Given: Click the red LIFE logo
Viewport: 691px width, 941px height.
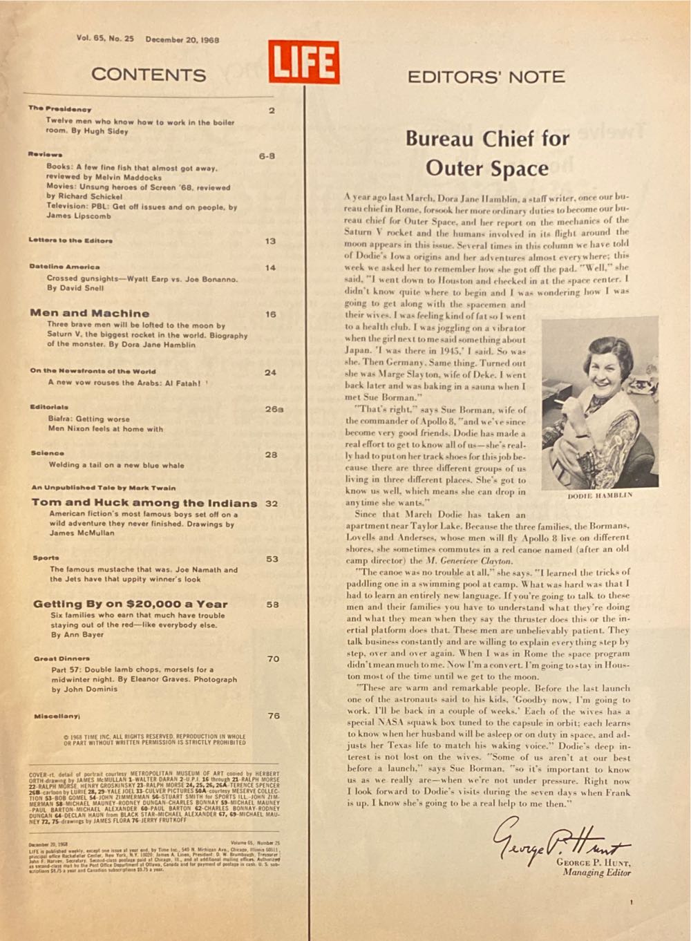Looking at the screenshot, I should click(x=304, y=61).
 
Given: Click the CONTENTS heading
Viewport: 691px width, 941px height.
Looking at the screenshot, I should click(x=149, y=75).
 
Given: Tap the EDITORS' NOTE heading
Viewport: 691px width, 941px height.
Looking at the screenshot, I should click(x=486, y=76).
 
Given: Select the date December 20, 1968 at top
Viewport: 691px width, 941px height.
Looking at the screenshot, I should click(x=182, y=39).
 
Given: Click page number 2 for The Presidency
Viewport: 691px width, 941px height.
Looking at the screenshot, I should click(x=272, y=110).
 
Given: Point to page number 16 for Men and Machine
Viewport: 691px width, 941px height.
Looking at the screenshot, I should click(x=270, y=314).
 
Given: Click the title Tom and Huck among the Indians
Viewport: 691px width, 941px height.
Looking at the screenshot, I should click(x=144, y=503).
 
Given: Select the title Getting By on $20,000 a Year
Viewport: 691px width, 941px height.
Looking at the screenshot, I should click(x=130, y=604).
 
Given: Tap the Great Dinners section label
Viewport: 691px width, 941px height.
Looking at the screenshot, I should click(x=61, y=658).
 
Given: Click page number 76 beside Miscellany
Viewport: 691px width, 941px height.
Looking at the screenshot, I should click(x=274, y=716).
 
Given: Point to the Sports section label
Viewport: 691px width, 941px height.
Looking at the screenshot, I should click(x=46, y=558).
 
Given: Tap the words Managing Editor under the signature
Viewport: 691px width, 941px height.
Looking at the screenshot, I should click(x=596, y=873).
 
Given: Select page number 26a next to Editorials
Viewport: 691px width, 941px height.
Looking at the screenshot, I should click(x=274, y=408).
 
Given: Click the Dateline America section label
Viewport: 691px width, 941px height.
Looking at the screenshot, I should click(x=64, y=266).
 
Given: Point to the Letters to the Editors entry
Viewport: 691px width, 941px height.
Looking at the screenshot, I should click(x=70, y=240).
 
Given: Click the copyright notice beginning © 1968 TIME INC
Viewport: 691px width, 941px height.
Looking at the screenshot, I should click(x=154, y=739).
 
